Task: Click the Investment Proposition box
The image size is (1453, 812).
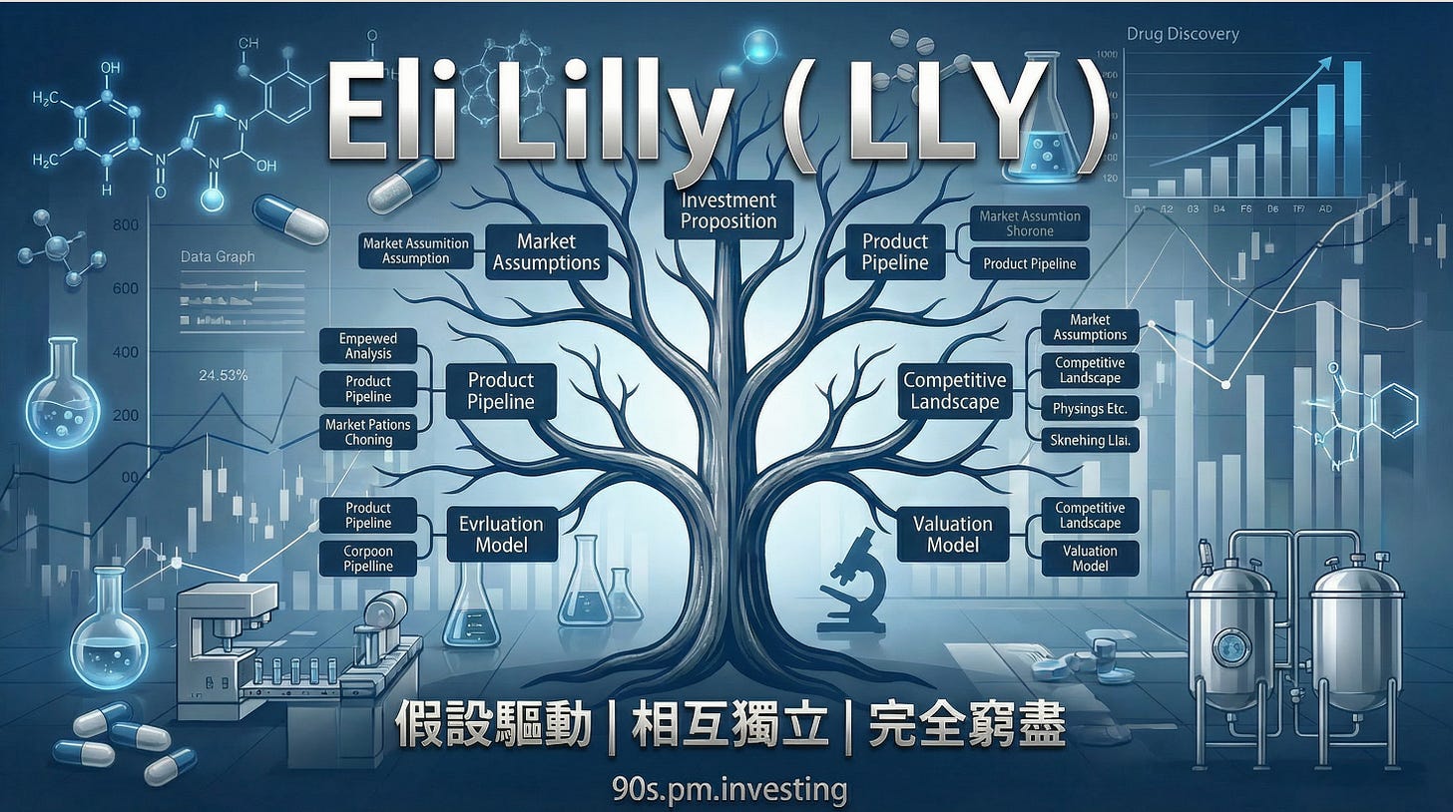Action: point(727,209)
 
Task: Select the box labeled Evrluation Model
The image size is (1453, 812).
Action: point(500,534)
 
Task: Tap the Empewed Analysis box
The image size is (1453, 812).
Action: point(368,346)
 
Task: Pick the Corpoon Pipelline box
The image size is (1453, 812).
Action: point(368,559)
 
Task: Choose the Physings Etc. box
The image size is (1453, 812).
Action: point(1089,408)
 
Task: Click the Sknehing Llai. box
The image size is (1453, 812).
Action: point(1089,440)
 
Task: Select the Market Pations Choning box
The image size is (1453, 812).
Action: point(368,432)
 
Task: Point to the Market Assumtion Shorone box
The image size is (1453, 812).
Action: point(1029,222)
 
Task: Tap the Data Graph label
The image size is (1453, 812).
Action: point(217,256)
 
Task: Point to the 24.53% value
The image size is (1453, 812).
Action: point(224,376)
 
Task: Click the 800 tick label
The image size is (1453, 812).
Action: point(125,225)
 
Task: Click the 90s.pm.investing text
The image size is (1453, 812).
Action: point(730,790)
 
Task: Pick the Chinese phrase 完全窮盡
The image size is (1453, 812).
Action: point(966,725)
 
